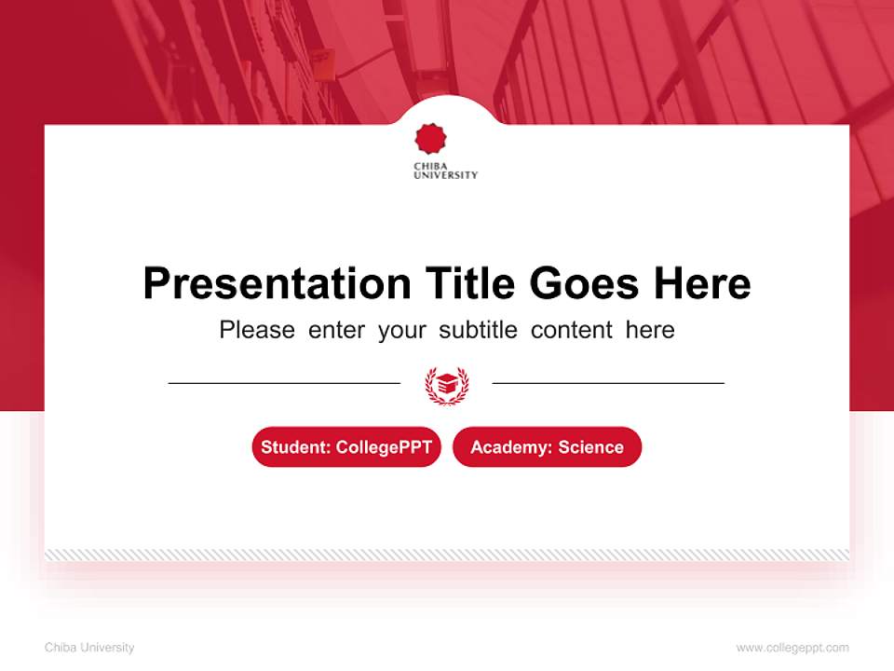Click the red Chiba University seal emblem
(x=430, y=139)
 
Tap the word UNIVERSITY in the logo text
(x=446, y=175)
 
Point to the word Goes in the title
(x=584, y=283)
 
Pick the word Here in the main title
(x=702, y=283)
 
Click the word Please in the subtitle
(x=257, y=330)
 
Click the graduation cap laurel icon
(x=446, y=384)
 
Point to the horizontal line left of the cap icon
(x=284, y=383)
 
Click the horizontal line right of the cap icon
(x=608, y=383)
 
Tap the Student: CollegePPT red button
(x=346, y=447)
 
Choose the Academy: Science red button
(x=547, y=447)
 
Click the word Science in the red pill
(x=590, y=447)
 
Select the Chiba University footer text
(x=89, y=648)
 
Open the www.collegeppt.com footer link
(x=792, y=648)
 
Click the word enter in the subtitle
(x=336, y=330)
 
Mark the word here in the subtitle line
(x=650, y=330)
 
